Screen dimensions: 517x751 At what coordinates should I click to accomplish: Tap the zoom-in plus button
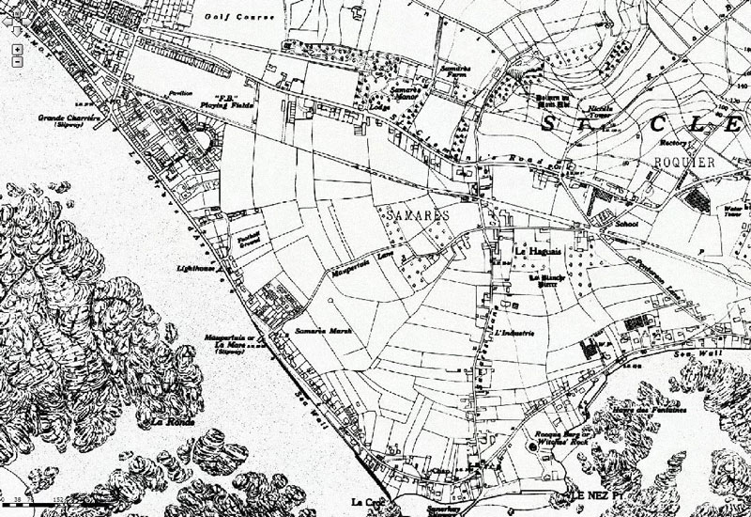[x=18, y=48]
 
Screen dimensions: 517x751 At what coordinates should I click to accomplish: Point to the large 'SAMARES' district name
[x=417, y=215]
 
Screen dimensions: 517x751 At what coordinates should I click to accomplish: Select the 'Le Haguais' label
[x=531, y=251]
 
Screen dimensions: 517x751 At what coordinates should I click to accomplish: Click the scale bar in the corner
[x=38, y=506]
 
